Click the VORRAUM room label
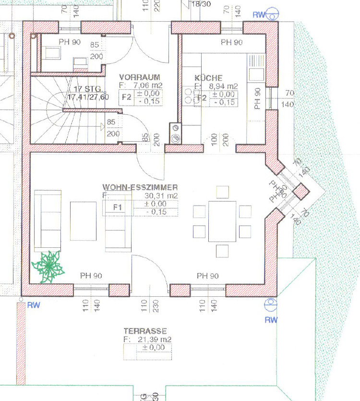point(139,77)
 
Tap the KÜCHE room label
point(208,78)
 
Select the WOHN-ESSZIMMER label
point(140,187)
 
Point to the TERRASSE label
point(145,331)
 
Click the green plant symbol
point(48,266)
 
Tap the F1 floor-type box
point(117,207)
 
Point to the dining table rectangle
point(222,221)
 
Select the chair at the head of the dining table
point(222,192)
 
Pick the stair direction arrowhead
point(103,127)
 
